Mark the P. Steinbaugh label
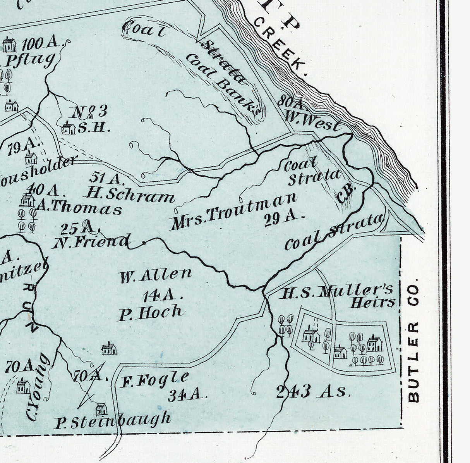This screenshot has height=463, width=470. click(x=112, y=420)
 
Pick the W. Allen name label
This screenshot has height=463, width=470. click(x=155, y=275)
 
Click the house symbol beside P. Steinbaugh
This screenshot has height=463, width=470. click(x=101, y=408)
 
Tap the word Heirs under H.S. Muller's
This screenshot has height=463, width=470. click(x=372, y=303)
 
